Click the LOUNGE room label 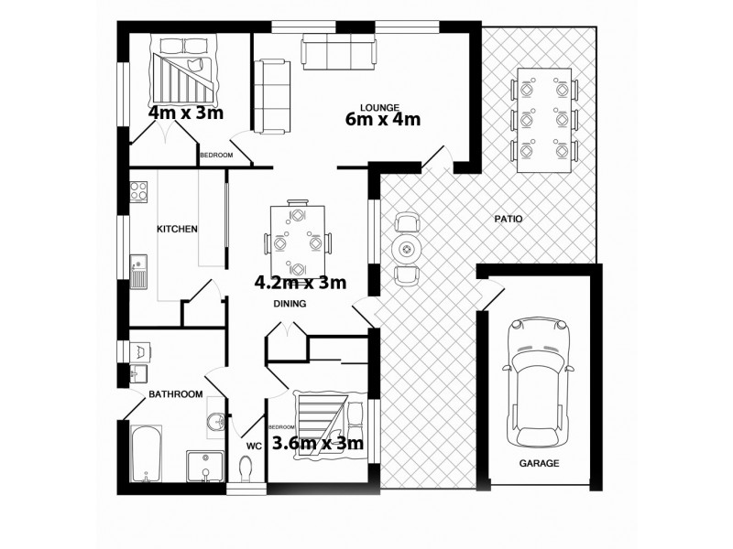[x=378, y=103]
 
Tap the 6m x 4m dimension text [x=382, y=119]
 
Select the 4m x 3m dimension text [x=186, y=113]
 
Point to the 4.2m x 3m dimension [x=301, y=282]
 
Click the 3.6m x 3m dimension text [x=319, y=444]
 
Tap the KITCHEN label [x=177, y=229]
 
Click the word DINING [x=290, y=304]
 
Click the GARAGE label [x=539, y=464]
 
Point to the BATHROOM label [x=175, y=394]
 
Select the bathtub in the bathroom [x=146, y=454]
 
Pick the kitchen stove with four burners [x=140, y=191]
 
